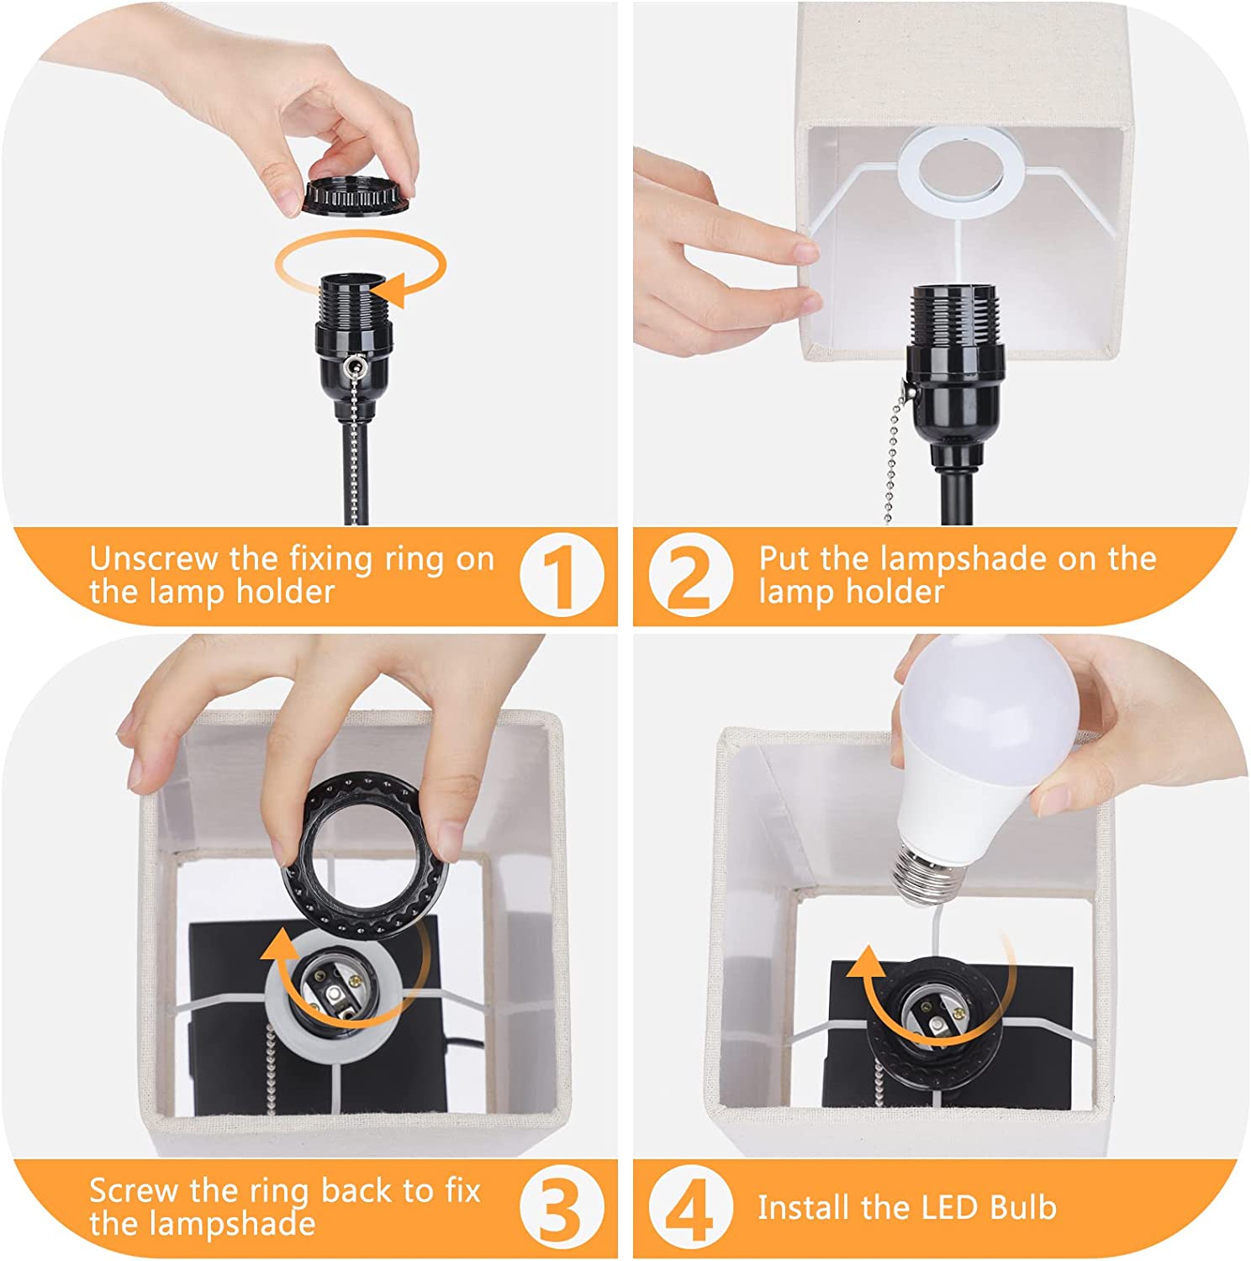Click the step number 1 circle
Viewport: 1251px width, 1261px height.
561,576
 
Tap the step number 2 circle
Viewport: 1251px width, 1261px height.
690,576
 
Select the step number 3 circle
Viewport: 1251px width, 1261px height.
561,1208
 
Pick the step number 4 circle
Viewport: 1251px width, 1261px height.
690,1208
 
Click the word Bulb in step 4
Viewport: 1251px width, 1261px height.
1022,1207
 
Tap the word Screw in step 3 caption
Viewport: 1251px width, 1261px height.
135,1191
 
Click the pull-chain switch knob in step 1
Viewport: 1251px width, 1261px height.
354,367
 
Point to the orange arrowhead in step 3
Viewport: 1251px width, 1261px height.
277,950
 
